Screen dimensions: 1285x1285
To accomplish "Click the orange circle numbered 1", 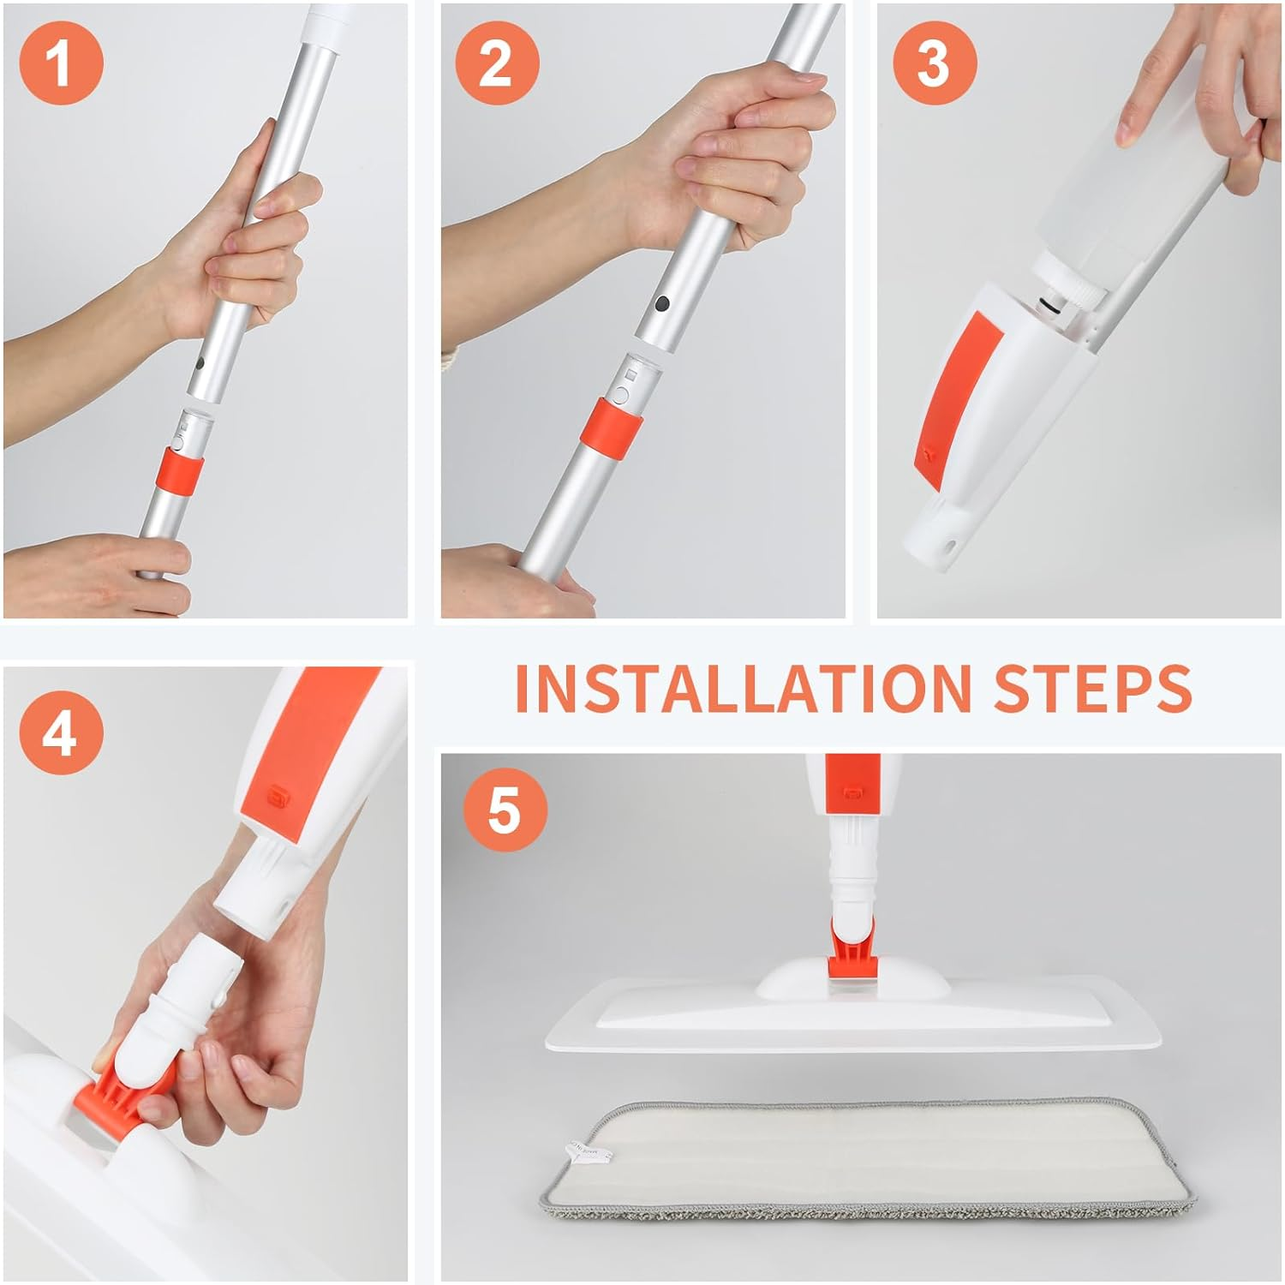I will pos(61,63).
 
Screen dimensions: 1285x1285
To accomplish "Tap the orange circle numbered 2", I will pos(497,63).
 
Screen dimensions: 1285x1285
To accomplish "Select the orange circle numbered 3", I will pos(934,63).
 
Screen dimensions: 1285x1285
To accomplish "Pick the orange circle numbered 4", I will pos(60,733).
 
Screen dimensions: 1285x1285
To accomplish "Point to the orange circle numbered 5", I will pos(505,810).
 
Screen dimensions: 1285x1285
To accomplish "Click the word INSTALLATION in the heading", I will pos(742,687).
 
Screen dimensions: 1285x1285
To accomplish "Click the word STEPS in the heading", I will pos(1092,687).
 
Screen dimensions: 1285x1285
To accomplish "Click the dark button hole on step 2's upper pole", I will pos(661,303).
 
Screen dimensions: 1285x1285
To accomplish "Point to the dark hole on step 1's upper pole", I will pos(199,363).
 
